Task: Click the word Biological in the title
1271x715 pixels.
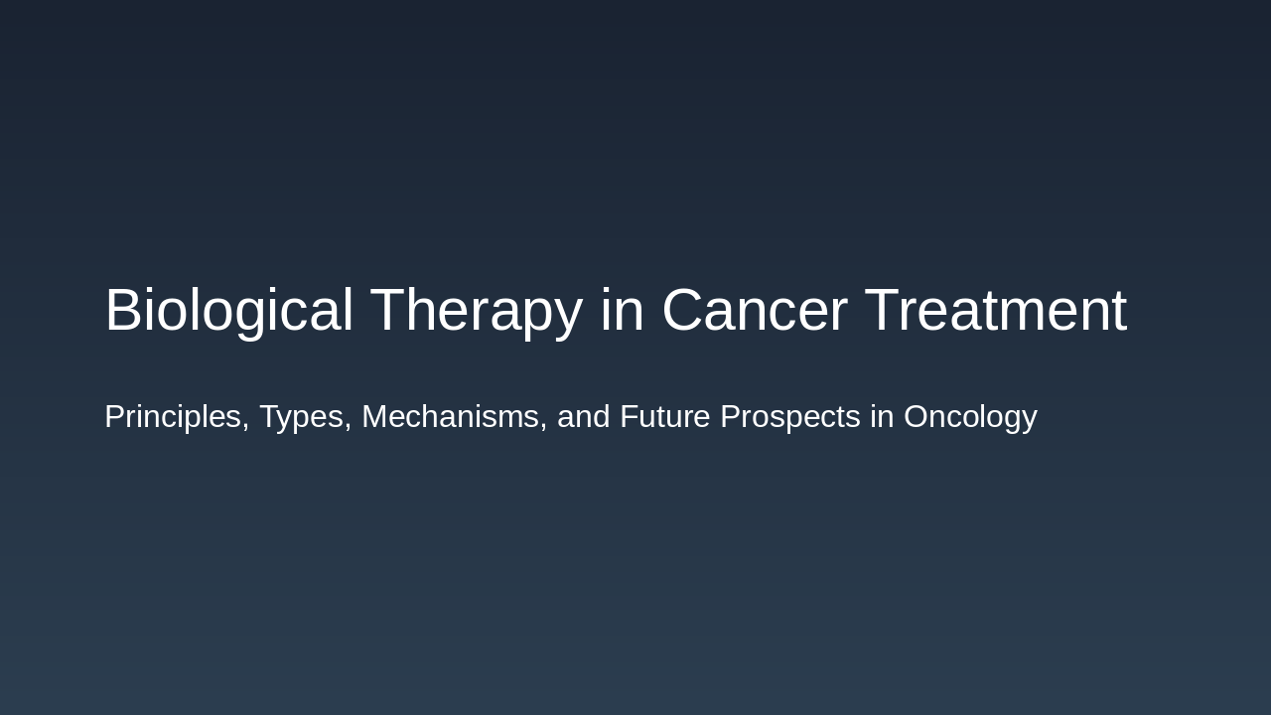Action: (x=228, y=311)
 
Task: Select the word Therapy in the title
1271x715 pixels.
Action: (x=476, y=311)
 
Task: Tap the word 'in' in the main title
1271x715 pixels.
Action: (x=622, y=311)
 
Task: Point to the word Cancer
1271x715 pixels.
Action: (x=754, y=311)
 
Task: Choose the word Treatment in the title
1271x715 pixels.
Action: (x=995, y=311)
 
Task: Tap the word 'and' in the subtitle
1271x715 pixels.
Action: (x=583, y=417)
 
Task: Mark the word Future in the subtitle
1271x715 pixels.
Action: (x=664, y=417)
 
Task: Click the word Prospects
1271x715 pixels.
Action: (x=789, y=417)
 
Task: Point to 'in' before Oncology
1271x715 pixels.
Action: (x=882, y=417)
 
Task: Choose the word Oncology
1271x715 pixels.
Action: (x=970, y=417)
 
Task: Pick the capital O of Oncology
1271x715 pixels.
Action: (x=917, y=417)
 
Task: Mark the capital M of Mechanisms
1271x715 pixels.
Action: (x=375, y=417)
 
